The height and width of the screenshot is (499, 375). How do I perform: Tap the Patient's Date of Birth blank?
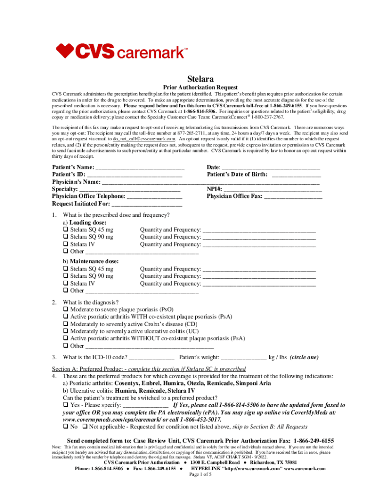tap(296, 174)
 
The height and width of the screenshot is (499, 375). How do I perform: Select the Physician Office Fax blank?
tap(293, 196)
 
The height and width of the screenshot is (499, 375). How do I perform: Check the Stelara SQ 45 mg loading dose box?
tap(65, 230)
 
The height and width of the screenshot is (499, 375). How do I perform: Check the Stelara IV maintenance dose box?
tap(65, 284)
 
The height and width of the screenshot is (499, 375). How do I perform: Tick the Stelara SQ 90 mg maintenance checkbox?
tap(65, 276)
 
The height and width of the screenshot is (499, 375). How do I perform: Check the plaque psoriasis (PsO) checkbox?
tap(65, 309)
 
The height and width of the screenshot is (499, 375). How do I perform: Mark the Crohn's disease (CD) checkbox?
tap(65, 324)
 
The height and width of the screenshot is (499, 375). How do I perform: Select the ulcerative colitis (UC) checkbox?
tap(65, 331)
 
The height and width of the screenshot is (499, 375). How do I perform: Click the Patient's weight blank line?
tap(244, 357)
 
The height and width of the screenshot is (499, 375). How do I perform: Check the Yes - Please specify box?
tap(65, 405)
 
